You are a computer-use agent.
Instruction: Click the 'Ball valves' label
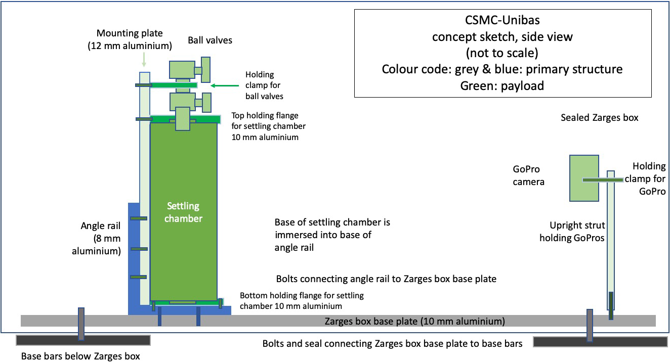coord(210,40)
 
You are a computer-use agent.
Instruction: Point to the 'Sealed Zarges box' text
coord(599,118)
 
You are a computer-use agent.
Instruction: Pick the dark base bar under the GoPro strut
coord(600,342)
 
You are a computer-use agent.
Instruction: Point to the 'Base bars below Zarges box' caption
coord(80,356)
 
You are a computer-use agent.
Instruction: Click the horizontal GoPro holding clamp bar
coord(602,179)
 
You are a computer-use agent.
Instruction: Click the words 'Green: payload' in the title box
coord(502,85)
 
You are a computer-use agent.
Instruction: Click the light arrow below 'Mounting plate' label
coord(144,61)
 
